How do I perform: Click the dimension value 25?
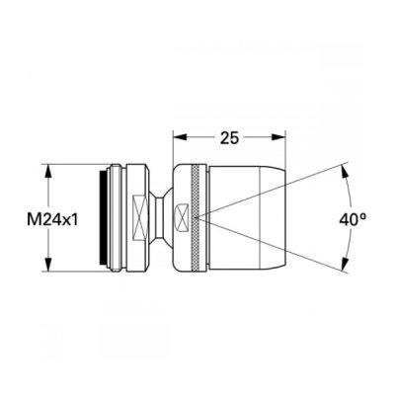click(229, 138)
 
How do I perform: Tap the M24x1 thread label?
click(52, 220)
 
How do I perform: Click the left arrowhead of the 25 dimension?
click(180, 137)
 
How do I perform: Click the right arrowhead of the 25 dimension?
click(277, 137)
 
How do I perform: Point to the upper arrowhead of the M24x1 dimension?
click(48, 171)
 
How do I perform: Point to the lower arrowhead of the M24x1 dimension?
click(48, 265)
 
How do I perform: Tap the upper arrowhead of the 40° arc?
click(345, 172)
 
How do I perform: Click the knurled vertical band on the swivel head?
click(196, 218)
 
